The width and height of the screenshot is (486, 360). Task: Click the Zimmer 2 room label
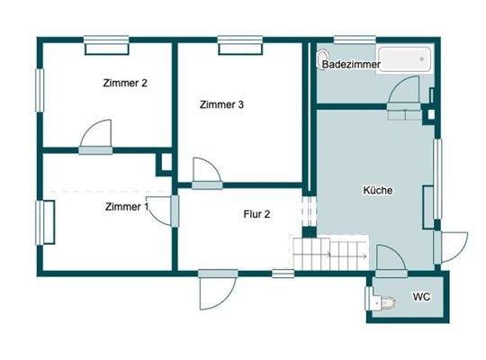124,84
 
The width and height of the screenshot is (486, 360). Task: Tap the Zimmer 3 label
221,104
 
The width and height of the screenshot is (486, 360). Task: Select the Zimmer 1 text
127,207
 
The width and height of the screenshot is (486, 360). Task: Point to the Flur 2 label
257,214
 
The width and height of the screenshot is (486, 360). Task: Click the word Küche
378,191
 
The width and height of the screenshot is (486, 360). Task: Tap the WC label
420,296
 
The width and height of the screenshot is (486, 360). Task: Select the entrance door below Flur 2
215,290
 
